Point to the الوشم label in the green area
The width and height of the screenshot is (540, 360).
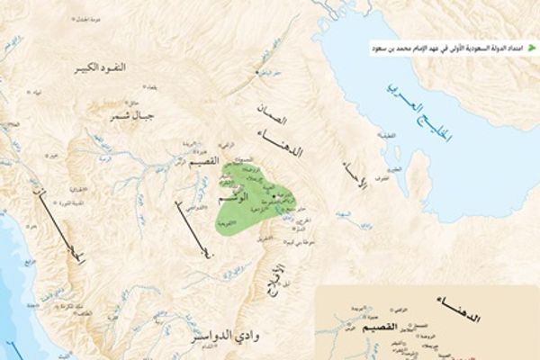237,195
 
